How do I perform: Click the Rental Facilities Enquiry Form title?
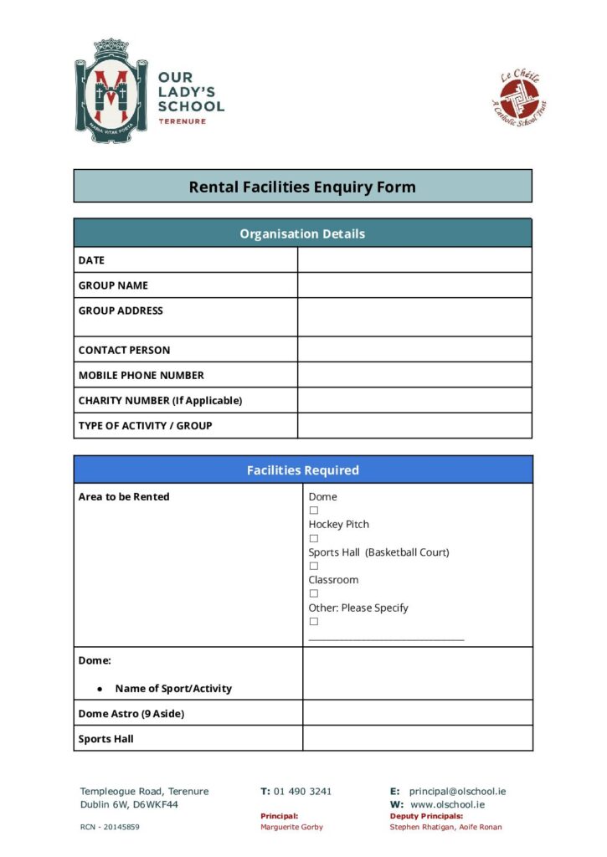(x=302, y=187)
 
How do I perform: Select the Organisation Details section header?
(x=302, y=233)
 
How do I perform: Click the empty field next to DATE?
(x=414, y=260)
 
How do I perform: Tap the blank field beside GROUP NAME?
(x=414, y=285)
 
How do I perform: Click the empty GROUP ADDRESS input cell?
(x=414, y=317)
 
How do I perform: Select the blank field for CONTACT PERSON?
(x=414, y=350)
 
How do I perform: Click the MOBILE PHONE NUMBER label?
(x=141, y=375)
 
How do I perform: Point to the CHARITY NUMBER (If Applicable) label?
(x=160, y=400)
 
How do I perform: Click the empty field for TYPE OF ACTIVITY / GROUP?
(x=414, y=425)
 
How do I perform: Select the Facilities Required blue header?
(x=302, y=470)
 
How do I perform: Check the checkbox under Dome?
(x=314, y=511)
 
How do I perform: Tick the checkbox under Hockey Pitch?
(x=314, y=538)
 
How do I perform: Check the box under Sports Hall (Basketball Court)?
(x=314, y=566)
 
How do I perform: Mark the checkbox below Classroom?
(x=314, y=593)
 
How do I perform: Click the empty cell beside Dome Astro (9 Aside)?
(x=417, y=713)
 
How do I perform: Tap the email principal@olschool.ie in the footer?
(x=457, y=791)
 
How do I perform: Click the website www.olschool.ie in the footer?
(x=448, y=804)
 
